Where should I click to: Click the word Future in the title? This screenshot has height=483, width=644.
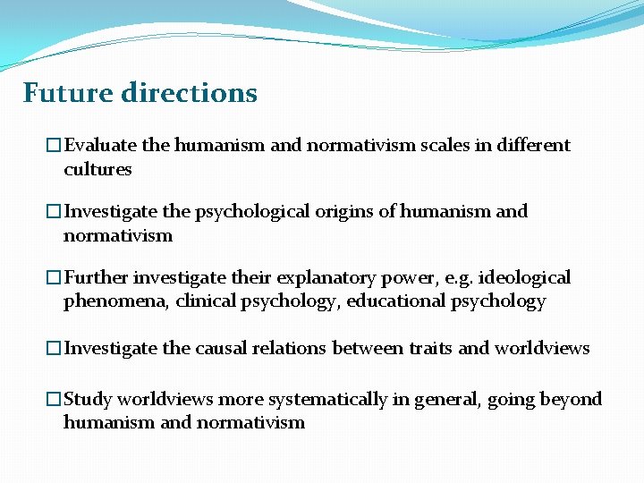67,93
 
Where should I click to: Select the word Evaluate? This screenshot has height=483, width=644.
98,145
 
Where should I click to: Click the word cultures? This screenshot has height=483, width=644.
97,169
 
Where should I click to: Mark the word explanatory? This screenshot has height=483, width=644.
309,278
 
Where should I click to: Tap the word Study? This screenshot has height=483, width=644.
88,399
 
